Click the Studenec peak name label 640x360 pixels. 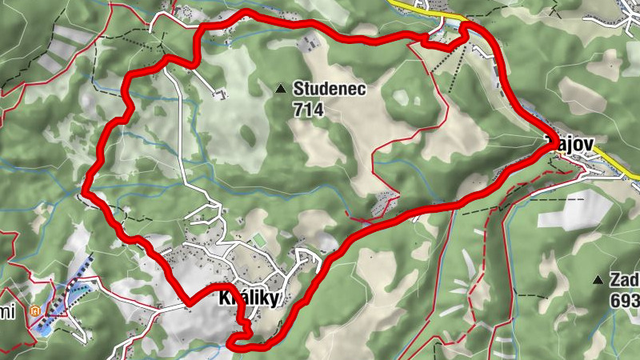tap(329, 89)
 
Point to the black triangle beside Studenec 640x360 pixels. tap(280, 89)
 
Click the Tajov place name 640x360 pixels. tap(569, 143)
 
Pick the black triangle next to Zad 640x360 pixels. tap(597, 280)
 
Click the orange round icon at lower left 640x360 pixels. tap(34, 310)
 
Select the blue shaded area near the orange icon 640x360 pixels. tap(60, 301)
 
